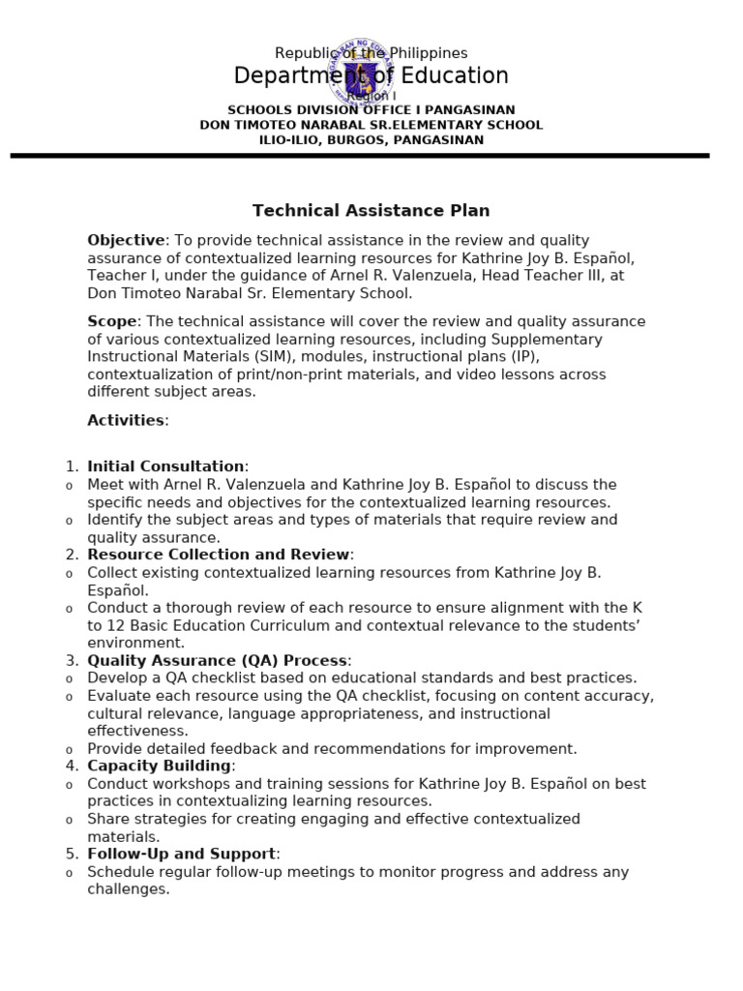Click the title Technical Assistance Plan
coord(371,210)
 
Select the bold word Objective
coord(126,240)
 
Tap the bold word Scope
coord(112,321)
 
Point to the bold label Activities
coord(126,420)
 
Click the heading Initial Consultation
coord(165,466)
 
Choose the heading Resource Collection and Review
coord(218,555)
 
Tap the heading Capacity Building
coord(159,766)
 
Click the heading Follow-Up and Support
coord(181,854)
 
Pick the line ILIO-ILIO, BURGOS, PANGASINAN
coord(371,140)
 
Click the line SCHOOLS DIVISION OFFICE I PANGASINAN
coord(371,110)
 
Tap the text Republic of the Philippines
coord(371,53)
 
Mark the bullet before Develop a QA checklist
coord(69,679)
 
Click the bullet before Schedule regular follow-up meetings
coord(69,873)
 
